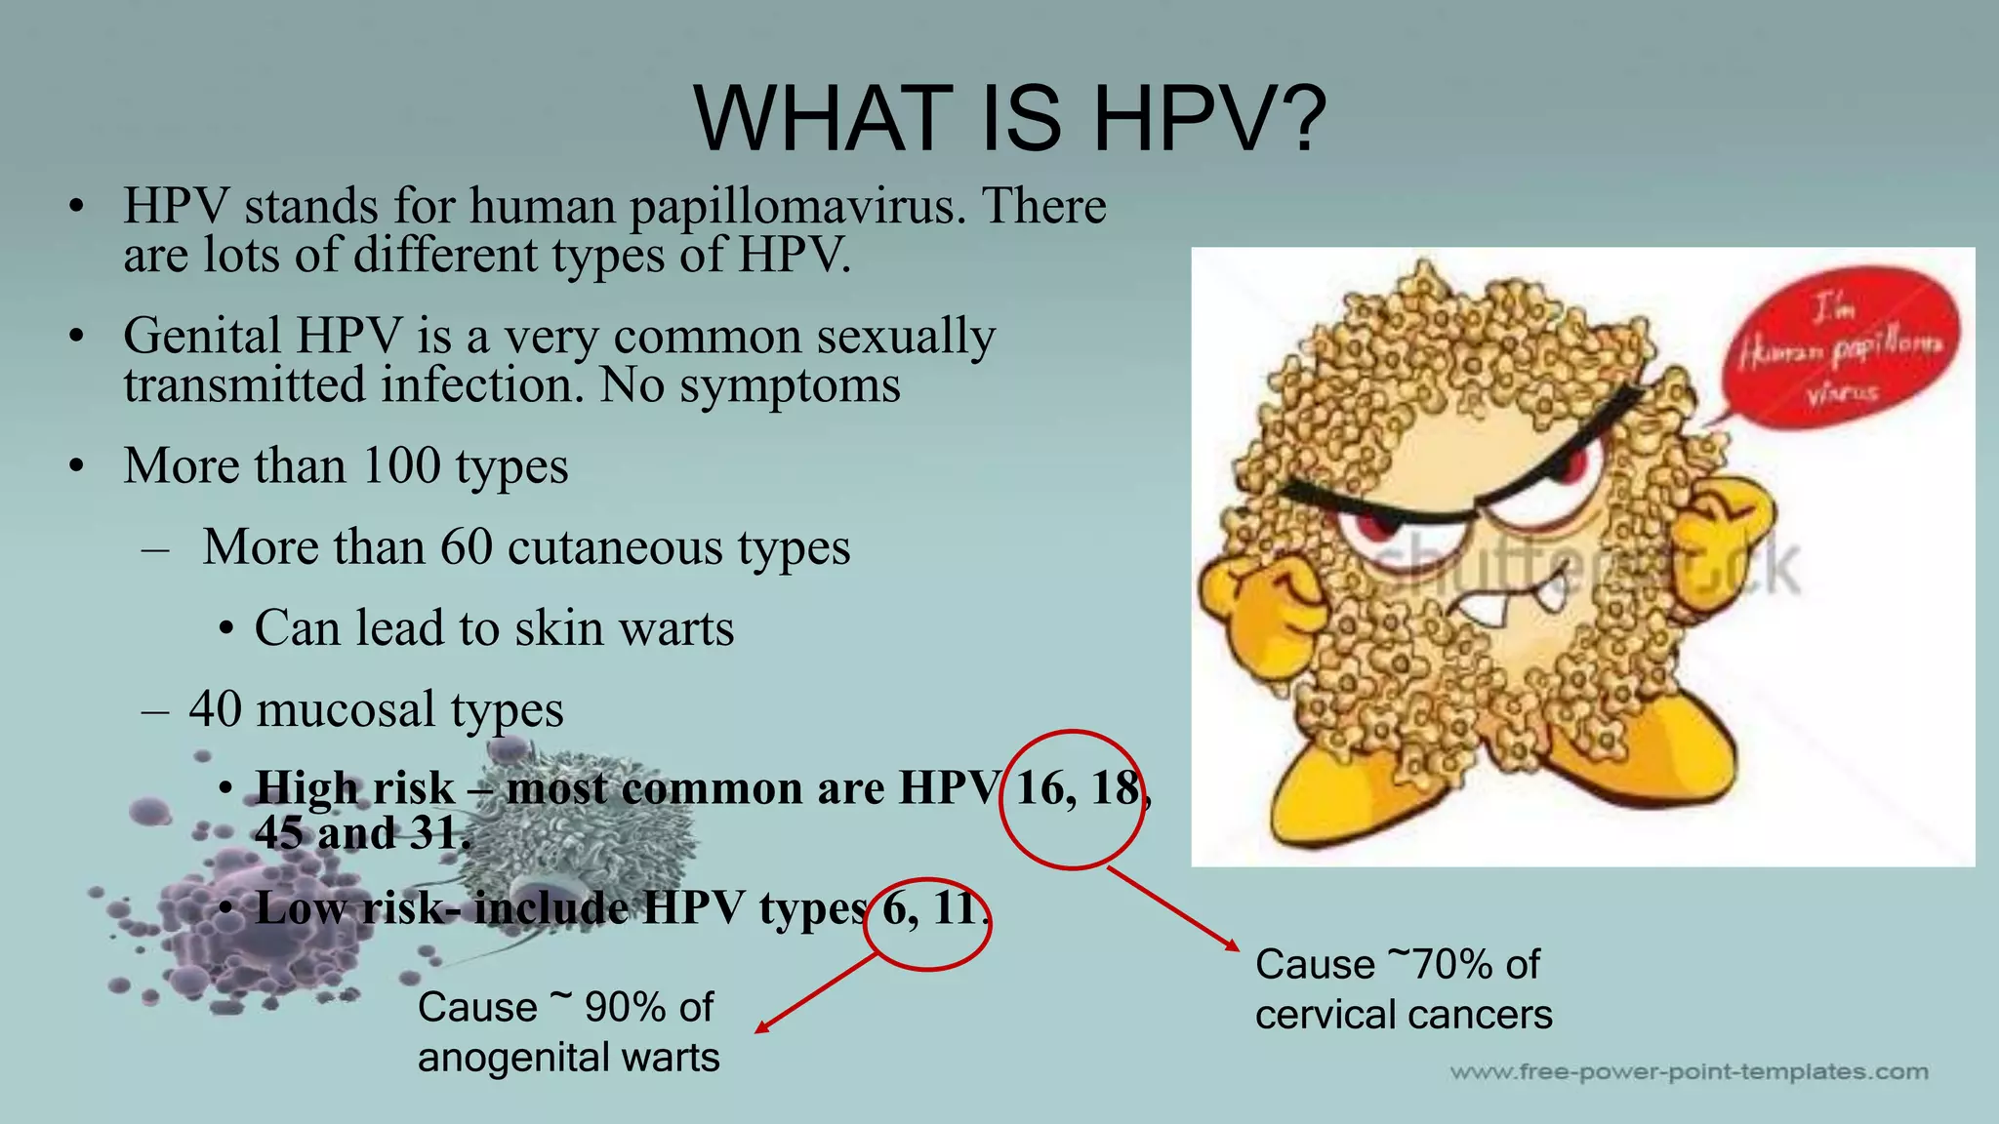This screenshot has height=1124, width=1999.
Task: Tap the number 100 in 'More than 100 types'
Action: point(401,465)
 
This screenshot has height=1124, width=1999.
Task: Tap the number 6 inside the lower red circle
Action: point(894,908)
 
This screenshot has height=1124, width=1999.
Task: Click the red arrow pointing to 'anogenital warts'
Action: point(818,992)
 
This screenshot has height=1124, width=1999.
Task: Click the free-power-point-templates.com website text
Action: point(1689,1072)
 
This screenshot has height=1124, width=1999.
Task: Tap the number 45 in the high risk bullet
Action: point(277,833)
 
